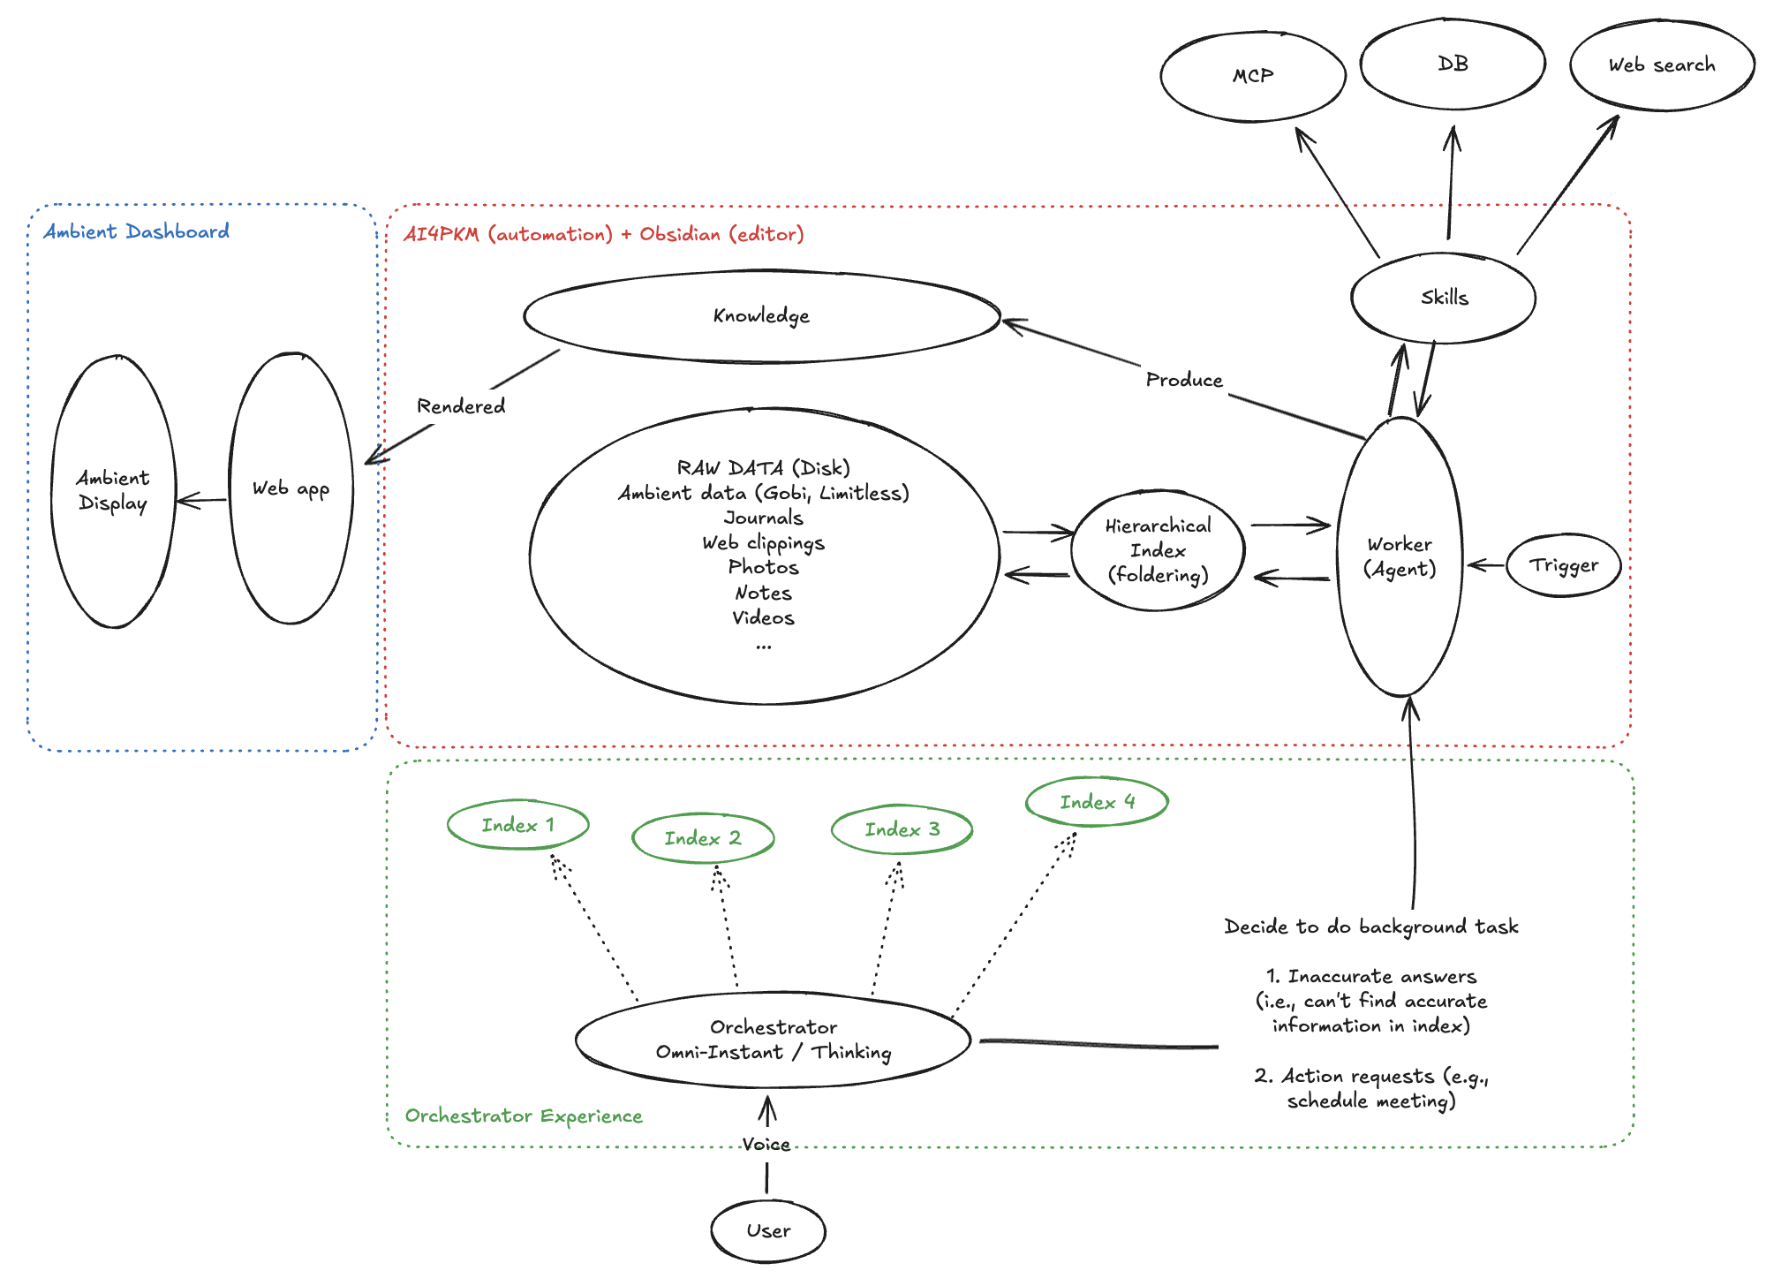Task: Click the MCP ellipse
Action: click(1252, 77)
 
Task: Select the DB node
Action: click(1453, 64)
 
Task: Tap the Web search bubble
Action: click(1661, 65)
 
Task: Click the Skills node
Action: click(1444, 298)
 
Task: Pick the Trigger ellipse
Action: click(1563, 565)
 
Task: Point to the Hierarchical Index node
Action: click(1158, 550)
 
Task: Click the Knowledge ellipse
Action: click(761, 316)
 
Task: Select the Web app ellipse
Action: click(291, 488)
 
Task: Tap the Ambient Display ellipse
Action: click(113, 491)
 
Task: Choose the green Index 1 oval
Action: click(517, 825)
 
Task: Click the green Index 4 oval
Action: click(1097, 802)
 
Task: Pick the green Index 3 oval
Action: click(902, 829)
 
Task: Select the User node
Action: click(768, 1230)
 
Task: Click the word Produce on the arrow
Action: click(1184, 380)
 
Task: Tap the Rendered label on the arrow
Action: click(461, 406)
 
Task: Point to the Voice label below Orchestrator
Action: click(766, 1145)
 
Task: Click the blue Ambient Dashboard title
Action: click(137, 231)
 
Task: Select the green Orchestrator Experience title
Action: click(524, 1116)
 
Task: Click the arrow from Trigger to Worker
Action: click(1486, 565)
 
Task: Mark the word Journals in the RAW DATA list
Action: click(763, 518)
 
